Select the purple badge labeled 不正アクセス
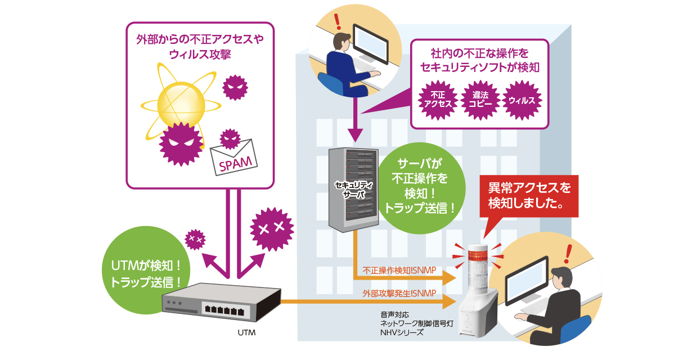tap(438, 101)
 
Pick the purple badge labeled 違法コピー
tap(480, 101)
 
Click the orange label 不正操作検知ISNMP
tap(399, 269)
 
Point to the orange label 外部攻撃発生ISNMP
tap(399, 293)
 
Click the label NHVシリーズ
tap(402, 332)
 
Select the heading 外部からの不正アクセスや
tap(200, 40)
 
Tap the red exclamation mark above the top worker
tap(338, 21)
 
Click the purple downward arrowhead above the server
tap(354, 135)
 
